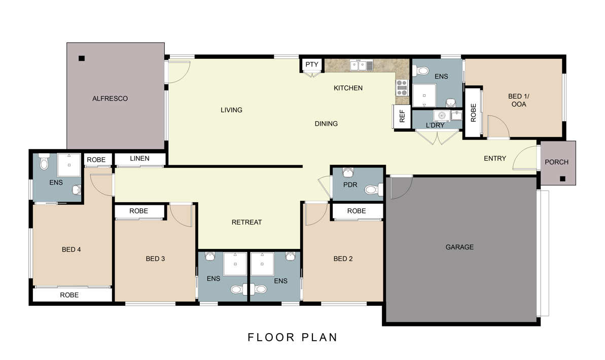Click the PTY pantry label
click(312, 64)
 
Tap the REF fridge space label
click(402, 117)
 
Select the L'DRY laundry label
click(435, 125)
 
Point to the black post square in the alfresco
click(81, 58)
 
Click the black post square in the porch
click(562, 178)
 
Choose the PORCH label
click(556, 162)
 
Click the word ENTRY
click(494, 159)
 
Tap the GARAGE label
click(459, 247)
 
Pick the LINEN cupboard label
click(139, 159)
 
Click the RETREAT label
click(246, 222)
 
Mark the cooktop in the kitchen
click(402, 88)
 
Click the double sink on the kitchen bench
click(361, 65)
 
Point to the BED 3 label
click(155, 259)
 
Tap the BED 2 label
click(343, 259)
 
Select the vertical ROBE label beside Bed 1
click(473, 113)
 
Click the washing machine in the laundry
click(442, 116)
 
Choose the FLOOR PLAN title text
click(293, 337)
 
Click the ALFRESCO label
click(110, 98)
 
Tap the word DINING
click(326, 124)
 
